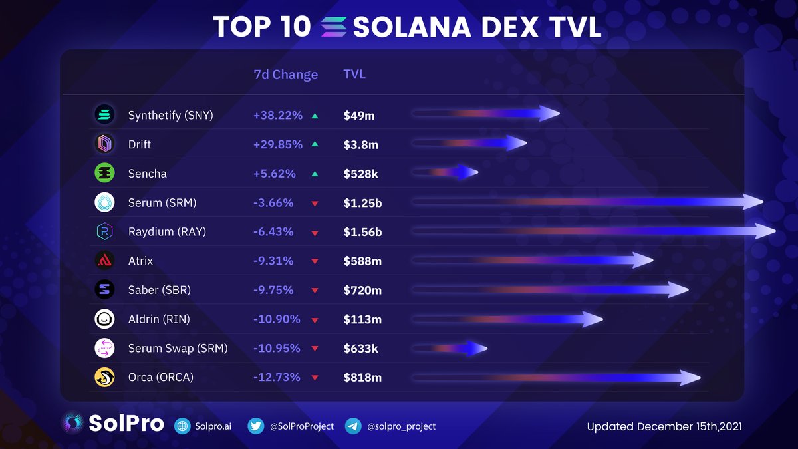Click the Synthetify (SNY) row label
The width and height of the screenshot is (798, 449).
coord(170,115)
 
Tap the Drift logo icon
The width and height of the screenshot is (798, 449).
coord(105,144)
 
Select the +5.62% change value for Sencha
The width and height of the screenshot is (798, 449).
coord(273,174)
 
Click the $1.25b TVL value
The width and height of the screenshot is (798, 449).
coord(362,203)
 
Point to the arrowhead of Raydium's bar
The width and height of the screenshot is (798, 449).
coord(766,231)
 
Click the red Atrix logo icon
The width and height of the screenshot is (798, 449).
coord(105,261)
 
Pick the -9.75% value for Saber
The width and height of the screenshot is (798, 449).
coord(273,290)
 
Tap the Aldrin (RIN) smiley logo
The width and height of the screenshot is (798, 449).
coord(105,319)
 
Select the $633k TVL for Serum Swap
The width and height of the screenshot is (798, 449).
coord(360,349)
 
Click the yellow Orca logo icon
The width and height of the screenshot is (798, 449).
coord(105,378)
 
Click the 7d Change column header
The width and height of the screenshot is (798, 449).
coord(286,75)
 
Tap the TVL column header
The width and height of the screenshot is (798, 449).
coord(354,75)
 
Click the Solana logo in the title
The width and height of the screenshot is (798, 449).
coord(334,27)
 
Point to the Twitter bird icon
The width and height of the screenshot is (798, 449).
coord(256,426)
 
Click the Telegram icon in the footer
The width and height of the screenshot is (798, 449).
coord(353,426)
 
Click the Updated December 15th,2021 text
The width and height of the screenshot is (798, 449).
coord(664,426)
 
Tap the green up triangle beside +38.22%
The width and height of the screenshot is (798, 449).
coord(315,116)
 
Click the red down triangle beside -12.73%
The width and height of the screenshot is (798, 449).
coord(315,378)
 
